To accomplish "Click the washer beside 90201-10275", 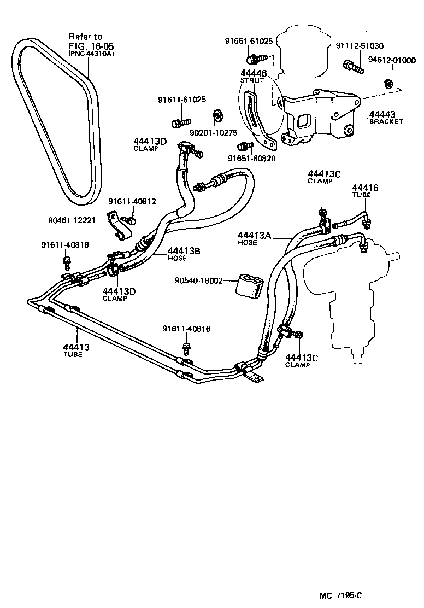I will point(216,115).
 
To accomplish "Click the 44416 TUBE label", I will point(365,191).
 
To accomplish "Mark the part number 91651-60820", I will point(252,159).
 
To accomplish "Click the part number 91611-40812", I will point(132,201).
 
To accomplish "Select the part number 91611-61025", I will point(182,100).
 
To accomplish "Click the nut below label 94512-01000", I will point(387,84).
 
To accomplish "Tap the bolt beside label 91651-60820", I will point(244,146).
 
